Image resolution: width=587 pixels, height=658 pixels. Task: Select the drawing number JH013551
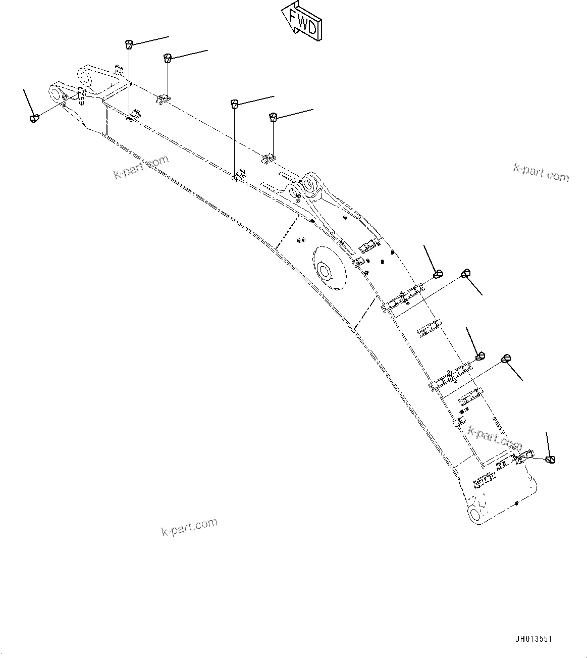pos(533,639)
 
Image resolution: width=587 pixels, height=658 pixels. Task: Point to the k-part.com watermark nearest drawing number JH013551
pos(495,438)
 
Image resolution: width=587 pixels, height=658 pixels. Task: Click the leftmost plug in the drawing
pos(34,118)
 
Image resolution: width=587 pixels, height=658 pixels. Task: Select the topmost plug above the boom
pos(129,44)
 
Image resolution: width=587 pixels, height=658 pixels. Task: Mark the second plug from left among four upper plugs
pos(168,58)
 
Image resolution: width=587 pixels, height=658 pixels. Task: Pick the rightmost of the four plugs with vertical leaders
pos(273,117)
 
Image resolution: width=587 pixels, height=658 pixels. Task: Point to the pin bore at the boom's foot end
pos(475,515)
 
